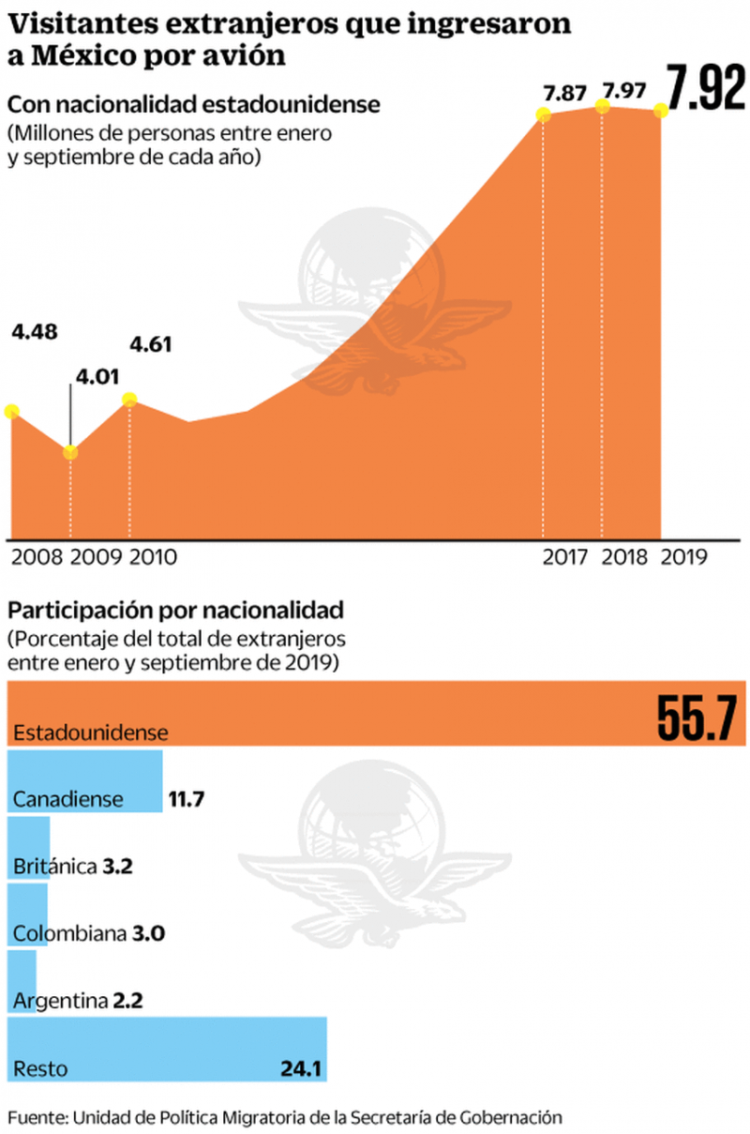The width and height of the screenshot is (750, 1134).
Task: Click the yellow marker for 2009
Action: point(70,453)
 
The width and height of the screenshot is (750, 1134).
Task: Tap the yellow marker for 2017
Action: point(543,114)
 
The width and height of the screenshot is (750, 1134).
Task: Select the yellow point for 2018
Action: point(602,107)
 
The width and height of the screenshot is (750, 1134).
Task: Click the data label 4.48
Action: point(34,331)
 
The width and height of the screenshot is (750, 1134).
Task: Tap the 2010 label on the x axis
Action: point(152,556)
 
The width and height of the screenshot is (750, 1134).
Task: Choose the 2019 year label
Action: point(683,556)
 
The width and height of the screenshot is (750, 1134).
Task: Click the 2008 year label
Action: point(37,556)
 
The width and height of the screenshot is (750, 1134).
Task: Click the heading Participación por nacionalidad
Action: point(175,612)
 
